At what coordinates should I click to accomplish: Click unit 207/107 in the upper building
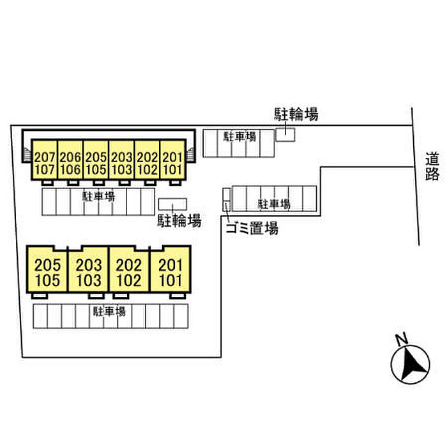coord(45,163)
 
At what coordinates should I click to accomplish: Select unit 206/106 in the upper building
coord(70,163)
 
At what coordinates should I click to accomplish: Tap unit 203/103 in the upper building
coord(121,163)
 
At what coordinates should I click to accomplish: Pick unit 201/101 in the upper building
coord(172,163)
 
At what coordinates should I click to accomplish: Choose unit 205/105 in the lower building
coord(48,272)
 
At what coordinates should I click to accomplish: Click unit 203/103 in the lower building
coord(89,272)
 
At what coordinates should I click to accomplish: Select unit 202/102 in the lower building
coord(130,272)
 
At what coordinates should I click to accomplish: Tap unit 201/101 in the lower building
coord(170,272)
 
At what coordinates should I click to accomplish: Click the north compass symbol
coord(409,363)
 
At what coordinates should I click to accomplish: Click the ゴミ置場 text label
coord(252,229)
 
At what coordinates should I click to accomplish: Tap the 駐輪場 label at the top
coord(296,115)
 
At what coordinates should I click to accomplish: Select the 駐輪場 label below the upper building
coord(179,221)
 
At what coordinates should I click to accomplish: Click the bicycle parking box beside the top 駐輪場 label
coord(285,134)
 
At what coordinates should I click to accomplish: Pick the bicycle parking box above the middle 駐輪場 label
coord(173,204)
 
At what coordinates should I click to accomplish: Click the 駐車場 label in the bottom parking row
coord(109,312)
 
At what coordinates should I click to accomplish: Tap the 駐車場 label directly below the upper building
coord(99,196)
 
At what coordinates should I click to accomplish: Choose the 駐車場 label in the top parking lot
coord(240,136)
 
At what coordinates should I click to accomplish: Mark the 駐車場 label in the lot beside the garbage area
coord(275,204)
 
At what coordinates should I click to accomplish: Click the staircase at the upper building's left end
coord(26,154)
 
